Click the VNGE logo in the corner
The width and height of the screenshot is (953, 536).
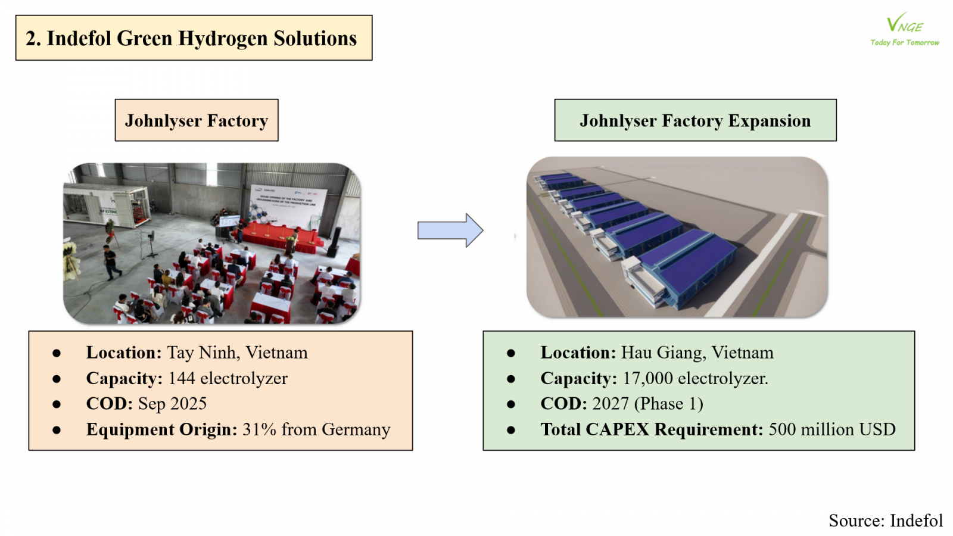tap(904, 24)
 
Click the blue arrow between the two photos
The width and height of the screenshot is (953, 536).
tap(450, 230)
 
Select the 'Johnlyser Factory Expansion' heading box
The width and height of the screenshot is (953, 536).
tap(695, 120)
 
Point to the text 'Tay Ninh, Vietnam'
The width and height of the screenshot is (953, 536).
tap(237, 353)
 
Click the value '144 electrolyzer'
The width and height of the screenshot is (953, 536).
tap(228, 378)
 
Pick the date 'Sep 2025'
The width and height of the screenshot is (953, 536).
tap(172, 404)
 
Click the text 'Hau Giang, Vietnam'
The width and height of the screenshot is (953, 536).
tap(697, 353)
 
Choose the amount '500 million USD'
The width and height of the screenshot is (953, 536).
tap(831, 429)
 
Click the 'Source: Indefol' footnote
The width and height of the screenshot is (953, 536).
tap(885, 521)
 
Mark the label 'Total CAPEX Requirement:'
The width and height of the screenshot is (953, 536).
tap(652, 429)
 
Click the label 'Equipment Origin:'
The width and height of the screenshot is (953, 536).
tap(161, 429)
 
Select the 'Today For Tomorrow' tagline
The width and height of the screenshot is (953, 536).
tap(904, 43)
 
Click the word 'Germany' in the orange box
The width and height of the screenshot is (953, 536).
tap(356, 429)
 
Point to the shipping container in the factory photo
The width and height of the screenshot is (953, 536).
tap(106, 205)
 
